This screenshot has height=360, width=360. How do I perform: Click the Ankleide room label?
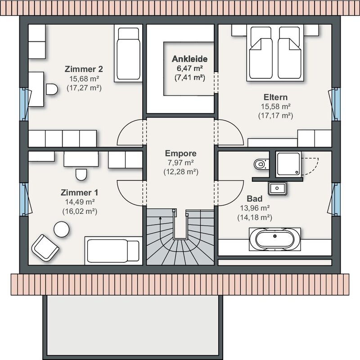[189, 59]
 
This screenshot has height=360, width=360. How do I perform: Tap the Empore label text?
[181, 153]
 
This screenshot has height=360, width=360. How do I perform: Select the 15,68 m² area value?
[84, 79]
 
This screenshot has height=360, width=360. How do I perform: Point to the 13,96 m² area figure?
[255, 208]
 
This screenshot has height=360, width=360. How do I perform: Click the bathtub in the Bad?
[275, 239]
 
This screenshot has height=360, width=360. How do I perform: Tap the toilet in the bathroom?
[261, 164]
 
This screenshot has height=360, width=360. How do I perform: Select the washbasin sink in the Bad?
[277, 188]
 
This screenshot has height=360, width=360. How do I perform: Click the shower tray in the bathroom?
[288, 164]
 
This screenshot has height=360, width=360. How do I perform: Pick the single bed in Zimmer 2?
[128, 53]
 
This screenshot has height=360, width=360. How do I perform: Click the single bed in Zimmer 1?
[113, 251]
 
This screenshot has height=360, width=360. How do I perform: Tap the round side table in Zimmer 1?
[61, 229]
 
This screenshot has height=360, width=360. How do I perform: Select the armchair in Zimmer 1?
[45, 248]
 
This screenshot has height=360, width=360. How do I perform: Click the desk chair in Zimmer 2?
[52, 89]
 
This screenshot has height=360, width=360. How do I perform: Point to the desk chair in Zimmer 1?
[81, 175]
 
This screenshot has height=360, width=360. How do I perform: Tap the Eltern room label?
[275, 97]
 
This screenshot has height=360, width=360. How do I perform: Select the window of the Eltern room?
[336, 104]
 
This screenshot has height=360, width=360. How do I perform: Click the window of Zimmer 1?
[23, 199]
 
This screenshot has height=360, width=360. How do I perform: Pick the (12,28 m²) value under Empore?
[181, 172]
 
